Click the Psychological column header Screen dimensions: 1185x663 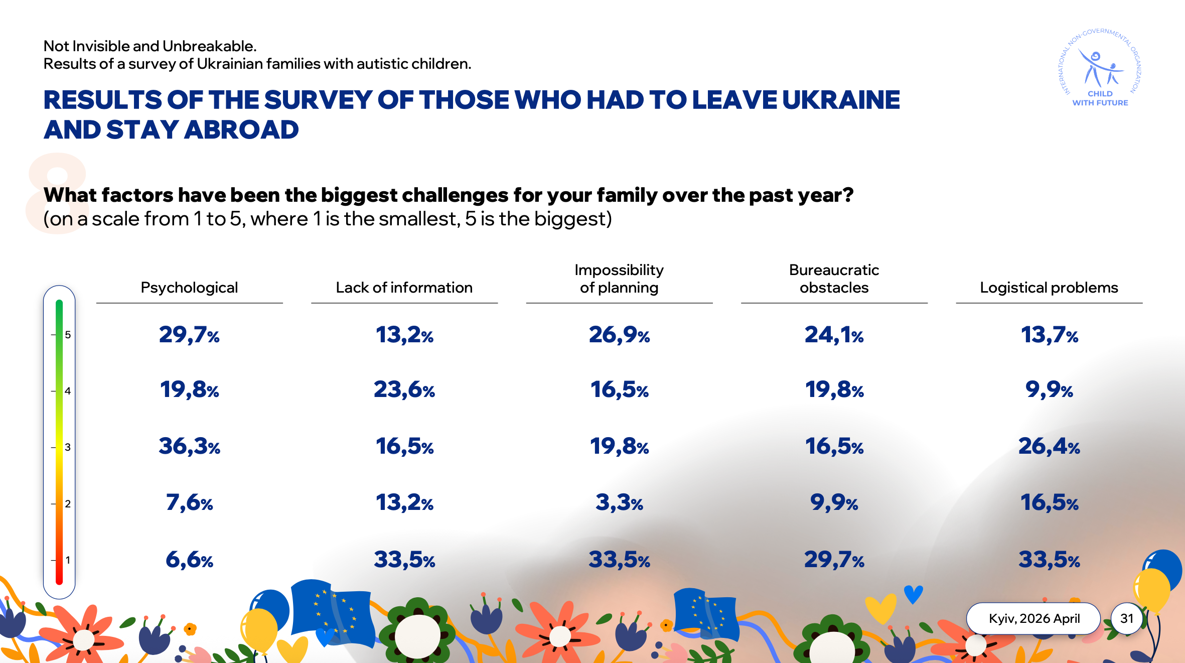point(189,288)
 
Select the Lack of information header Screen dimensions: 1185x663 point(404,288)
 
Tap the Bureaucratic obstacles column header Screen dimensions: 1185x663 point(834,279)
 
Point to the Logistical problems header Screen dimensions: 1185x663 point(1049,288)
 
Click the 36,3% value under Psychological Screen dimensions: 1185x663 point(190,446)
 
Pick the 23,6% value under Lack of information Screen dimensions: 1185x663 point(404,389)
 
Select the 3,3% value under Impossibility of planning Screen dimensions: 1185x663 point(619,502)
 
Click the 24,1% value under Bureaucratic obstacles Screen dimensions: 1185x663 point(834,335)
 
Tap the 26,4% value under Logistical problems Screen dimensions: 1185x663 point(1049,446)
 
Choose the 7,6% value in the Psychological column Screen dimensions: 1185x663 point(190,502)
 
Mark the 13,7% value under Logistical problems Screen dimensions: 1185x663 point(1049,335)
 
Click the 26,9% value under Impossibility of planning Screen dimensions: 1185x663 point(619,335)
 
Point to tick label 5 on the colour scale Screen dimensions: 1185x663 point(68,335)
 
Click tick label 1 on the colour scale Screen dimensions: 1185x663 point(68,560)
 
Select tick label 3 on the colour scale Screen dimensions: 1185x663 point(68,447)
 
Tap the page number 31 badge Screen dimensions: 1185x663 point(1127,618)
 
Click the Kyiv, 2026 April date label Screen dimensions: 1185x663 point(1034,618)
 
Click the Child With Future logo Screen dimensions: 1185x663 point(1100,68)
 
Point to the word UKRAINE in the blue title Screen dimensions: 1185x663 point(841,100)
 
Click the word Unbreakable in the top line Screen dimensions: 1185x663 point(209,46)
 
